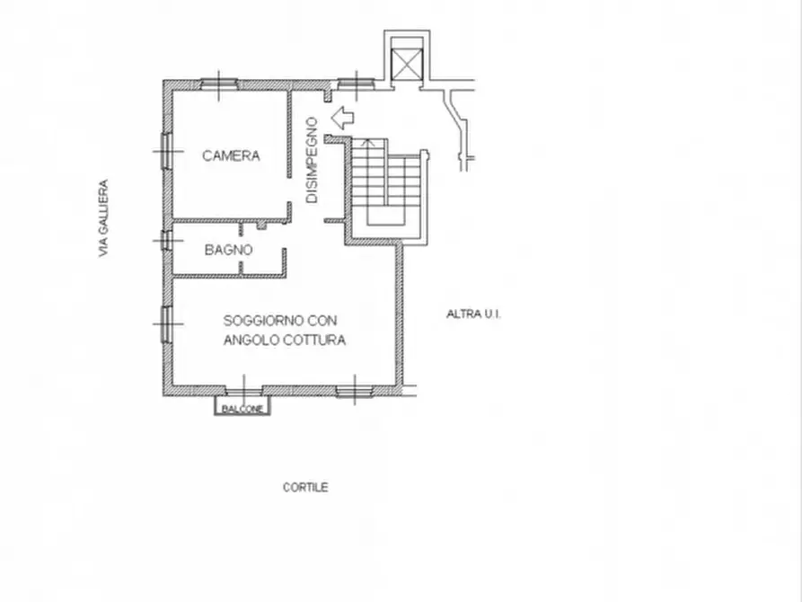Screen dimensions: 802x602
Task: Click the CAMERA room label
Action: [231, 155]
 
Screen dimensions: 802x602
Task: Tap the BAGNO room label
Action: [229, 250]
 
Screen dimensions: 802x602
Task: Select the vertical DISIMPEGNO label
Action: [312, 160]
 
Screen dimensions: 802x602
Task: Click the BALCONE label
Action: [242, 409]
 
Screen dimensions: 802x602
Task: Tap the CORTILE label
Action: [305, 487]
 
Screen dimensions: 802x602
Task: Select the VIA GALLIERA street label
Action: [104, 218]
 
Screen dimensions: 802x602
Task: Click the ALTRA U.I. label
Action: [473, 314]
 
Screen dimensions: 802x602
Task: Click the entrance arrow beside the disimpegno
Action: [342, 118]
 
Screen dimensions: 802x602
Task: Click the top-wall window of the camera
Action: [219, 84]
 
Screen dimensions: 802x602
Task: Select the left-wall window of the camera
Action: [166, 151]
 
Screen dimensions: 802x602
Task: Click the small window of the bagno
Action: [166, 240]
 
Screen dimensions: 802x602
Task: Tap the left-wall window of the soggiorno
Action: [166, 323]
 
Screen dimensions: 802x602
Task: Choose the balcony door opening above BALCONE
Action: [244, 391]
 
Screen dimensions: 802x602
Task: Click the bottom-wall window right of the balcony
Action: [355, 392]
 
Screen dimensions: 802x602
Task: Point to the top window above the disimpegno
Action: [357, 84]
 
